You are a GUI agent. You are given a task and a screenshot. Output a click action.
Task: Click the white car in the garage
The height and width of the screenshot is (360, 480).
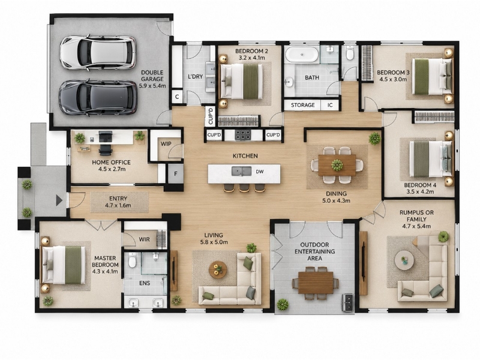[98, 53]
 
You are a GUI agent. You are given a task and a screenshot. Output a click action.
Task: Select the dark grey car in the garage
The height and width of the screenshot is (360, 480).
[98, 98]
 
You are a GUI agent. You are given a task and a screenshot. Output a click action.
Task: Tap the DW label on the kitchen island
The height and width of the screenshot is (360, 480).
[260, 172]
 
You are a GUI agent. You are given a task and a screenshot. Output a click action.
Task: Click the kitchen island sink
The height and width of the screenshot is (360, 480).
[241, 171]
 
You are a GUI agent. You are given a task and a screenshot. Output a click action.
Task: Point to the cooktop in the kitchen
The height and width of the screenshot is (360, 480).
[243, 134]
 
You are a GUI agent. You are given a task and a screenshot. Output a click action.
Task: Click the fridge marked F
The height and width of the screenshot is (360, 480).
[176, 173]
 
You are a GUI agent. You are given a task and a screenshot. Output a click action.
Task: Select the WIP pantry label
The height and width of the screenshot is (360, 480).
[166, 144]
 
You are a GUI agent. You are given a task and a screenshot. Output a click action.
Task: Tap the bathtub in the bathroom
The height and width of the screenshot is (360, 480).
[302, 55]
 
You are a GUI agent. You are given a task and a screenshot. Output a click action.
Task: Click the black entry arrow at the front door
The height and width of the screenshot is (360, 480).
[59, 200]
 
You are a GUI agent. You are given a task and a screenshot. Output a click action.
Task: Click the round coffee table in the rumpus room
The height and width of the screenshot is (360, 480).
[404, 260]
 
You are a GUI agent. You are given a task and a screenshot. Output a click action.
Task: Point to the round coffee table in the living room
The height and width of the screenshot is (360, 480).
[218, 269]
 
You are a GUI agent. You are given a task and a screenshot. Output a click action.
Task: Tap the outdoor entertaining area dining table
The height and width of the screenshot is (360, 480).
[316, 283]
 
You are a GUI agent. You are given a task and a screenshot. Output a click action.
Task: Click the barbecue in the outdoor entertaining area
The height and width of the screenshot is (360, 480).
[347, 302]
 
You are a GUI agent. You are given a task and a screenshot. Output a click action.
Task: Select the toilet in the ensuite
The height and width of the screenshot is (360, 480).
[132, 260]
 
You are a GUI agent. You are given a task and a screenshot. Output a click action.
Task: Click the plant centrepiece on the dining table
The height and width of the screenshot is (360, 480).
[337, 166]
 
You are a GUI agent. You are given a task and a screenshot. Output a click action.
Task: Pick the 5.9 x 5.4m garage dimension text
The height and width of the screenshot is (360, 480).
[152, 86]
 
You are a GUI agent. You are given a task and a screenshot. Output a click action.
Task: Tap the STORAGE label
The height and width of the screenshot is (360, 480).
[303, 105]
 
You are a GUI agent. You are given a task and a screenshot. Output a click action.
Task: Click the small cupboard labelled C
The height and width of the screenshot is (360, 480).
[177, 97]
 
